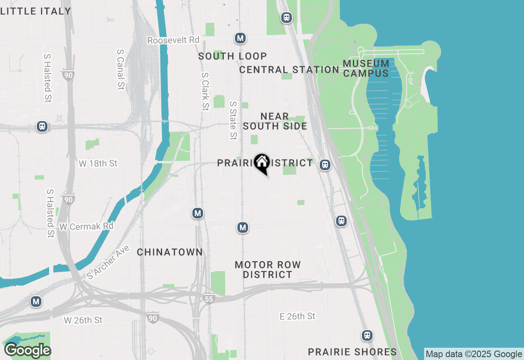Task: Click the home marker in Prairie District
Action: click(262, 163)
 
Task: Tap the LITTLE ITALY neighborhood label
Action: click(36, 11)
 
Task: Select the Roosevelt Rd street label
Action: click(173, 40)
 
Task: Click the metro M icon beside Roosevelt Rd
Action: click(240, 38)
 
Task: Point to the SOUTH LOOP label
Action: click(233, 56)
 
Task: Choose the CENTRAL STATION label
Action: click(289, 70)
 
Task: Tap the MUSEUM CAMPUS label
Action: click(366, 68)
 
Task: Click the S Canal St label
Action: click(120, 70)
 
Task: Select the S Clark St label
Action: click(205, 92)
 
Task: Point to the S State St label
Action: click(233, 121)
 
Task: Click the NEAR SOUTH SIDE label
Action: click(275, 122)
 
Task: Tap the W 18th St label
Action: click(98, 163)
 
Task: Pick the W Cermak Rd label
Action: click(86, 226)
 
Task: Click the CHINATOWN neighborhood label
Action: click(169, 252)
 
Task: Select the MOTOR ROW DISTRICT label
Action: click(268, 270)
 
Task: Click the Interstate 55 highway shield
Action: click(209, 299)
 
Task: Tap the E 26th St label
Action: click(297, 316)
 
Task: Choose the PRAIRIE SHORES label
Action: click(352, 352)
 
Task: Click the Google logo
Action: click(27, 351)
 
